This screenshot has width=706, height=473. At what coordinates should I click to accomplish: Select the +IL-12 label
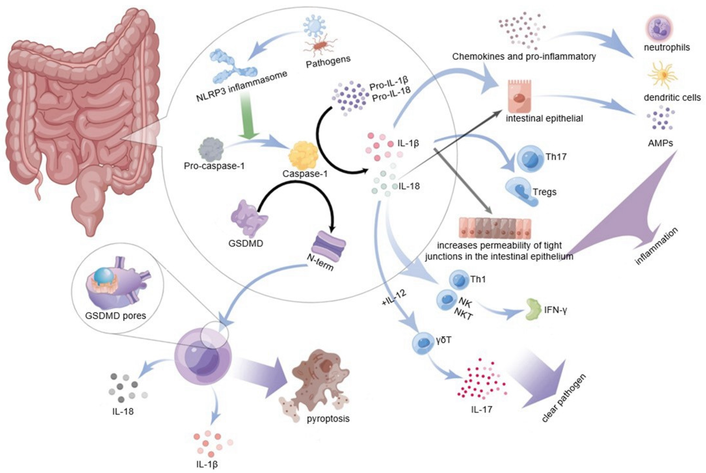click(x=394, y=300)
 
